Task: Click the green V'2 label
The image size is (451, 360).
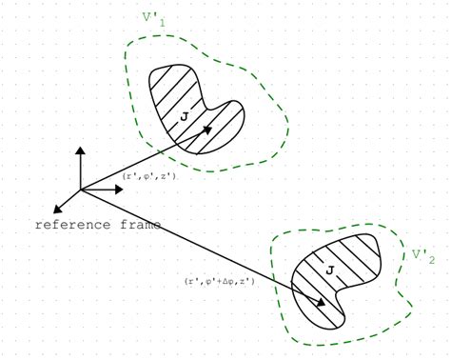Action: [x=423, y=255]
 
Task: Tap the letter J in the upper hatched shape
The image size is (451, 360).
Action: [x=183, y=117]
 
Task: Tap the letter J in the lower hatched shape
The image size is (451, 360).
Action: [x=328, y=272]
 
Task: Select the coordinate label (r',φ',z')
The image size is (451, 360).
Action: [x=149, y=176]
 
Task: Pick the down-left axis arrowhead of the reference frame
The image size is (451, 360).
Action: [x=59, y=208]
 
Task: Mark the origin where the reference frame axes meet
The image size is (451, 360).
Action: [x=81, y=190]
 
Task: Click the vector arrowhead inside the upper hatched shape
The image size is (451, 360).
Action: [x=207, y=130]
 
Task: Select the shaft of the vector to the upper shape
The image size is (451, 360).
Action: [x=143, y=160]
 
